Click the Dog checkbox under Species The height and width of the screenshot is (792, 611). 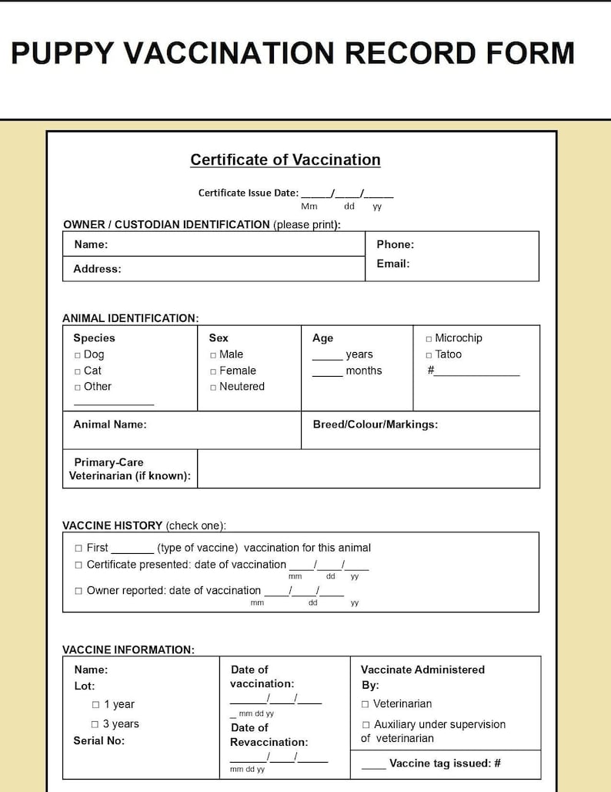(x=78, y=355)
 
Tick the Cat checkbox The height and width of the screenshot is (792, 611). (x=78, y=371)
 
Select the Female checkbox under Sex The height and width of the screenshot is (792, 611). (x=213, y=371)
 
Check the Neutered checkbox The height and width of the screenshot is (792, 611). (x=213, y=388)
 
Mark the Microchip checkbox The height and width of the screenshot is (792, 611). (x=429, y=339)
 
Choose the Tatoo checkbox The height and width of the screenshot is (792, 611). (x=429, y=355)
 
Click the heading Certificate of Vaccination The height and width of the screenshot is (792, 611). (x=285, y=159)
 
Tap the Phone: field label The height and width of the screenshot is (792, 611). (x=395, y=244)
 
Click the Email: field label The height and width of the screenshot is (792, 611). (x=392, y=263)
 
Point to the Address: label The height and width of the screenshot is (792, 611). (x=97, y=269)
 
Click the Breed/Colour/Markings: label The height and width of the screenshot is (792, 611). (x=375, y=425)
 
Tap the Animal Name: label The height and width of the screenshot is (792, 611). (x=109, y=425)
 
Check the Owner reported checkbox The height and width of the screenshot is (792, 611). (x=78, y=591)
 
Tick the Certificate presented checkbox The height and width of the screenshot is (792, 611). (x=78, y=565)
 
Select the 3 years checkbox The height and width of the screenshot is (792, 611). (x=95, y=724)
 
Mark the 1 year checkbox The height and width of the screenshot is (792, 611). (x=95, y=705)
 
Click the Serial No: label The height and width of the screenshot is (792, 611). (x=98, y=740)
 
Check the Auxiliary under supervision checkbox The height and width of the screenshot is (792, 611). (x=366, y=725)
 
